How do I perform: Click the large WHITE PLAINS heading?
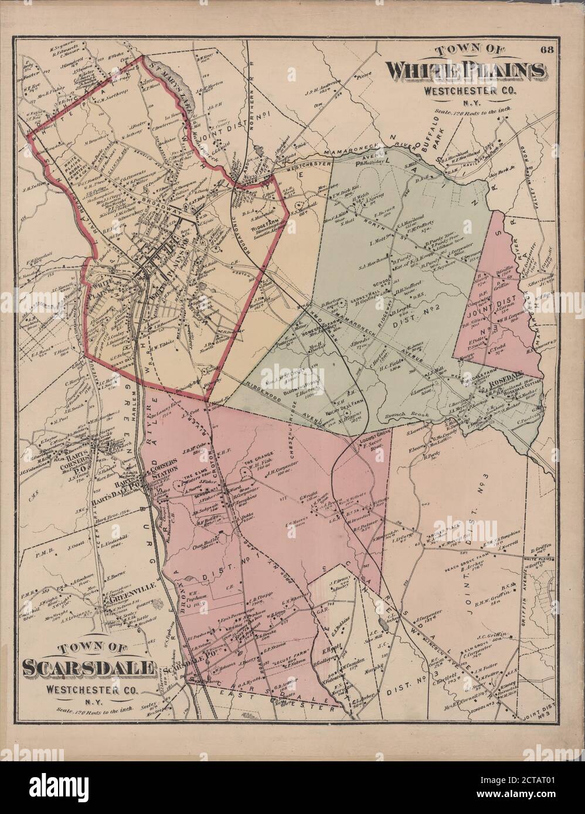pos(464,71)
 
